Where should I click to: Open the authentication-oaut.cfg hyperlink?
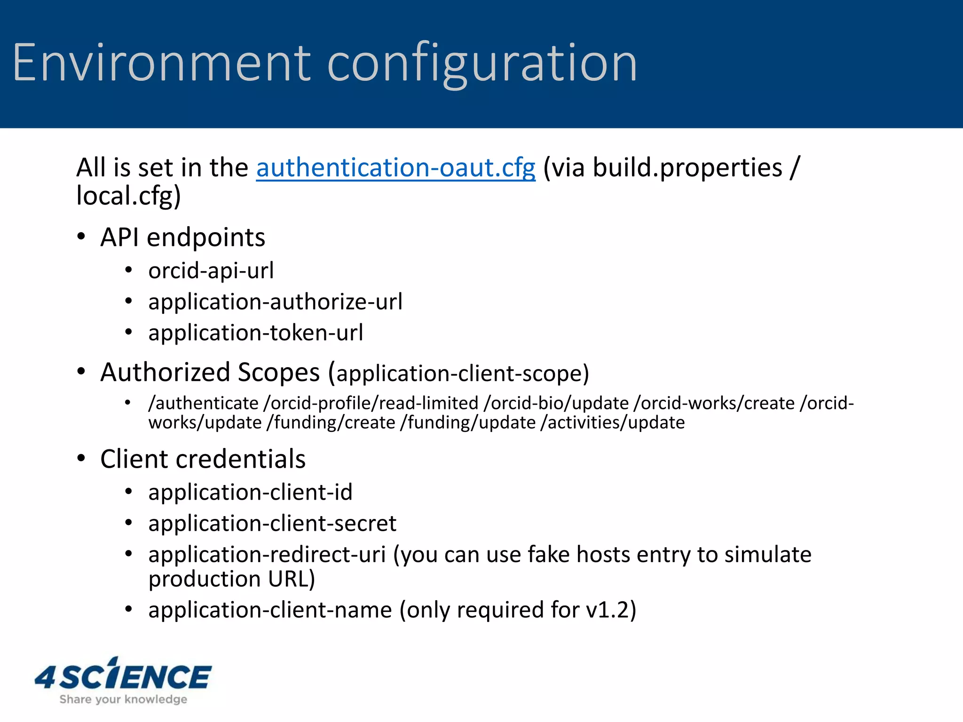pos(395,168)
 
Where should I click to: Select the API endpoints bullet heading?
pos(182,237)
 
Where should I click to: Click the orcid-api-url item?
pos(211,271)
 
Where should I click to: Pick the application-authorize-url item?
pos(275,302)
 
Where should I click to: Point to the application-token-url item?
pos(255,333)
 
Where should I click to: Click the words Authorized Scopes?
pos(210,372)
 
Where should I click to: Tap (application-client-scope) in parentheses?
pos(458,374)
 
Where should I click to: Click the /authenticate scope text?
pos(203,403)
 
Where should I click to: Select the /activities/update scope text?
pos(612,423)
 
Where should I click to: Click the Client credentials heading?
pos(203,459)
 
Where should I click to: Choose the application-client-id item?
pos(250,493)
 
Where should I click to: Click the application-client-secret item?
pos(272,524)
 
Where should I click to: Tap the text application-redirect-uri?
pos(267,555)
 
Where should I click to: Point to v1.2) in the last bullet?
pos(611,610)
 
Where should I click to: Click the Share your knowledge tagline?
pos(123,699)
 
